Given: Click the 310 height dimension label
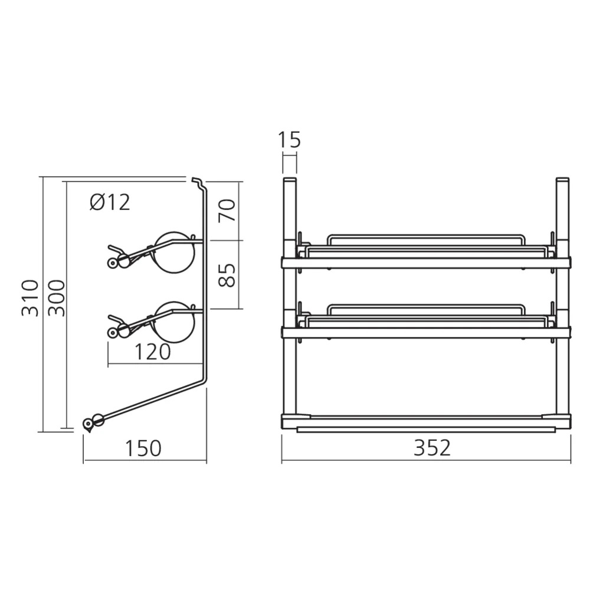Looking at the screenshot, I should [30, 298].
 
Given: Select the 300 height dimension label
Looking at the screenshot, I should [55, 298].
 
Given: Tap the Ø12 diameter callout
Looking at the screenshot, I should [110, 202].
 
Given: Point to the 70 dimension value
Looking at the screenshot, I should [228, 210].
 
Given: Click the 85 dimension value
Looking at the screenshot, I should [228, 274].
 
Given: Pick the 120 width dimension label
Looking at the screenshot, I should [152, 352].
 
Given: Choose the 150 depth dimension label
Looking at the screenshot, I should [143, 448].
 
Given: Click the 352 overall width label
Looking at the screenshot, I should [432, 448].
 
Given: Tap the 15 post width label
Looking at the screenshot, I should [289, 140].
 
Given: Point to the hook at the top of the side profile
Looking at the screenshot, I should [197, 179].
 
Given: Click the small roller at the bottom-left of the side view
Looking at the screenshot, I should [89, 422].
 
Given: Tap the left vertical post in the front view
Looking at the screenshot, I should [289, 295].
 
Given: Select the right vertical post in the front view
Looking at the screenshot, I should [563, 295].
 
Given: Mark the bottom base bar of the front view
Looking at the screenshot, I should [426, 421].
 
